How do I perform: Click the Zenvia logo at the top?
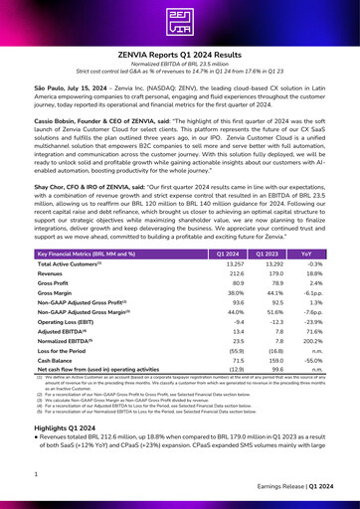(180, 22)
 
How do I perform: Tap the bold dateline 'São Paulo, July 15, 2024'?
(76, 87)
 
